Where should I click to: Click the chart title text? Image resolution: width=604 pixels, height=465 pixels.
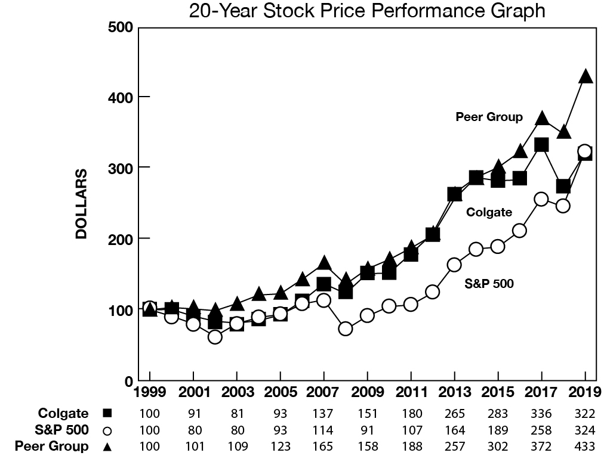coord(366,11)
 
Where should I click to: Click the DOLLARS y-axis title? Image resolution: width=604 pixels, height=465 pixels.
coord(81,204)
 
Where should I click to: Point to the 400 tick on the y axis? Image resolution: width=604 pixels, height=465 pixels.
coord(121,97)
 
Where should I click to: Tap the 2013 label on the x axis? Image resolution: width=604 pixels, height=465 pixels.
coord(455,394)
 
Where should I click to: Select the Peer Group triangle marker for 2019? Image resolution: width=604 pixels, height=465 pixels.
coord(585,76)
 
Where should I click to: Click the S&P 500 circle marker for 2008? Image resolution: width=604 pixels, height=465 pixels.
coord(346,328)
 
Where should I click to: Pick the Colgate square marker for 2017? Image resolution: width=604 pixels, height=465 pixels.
coord(541,145)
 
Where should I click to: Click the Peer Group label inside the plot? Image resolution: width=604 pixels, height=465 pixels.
coord(489,117)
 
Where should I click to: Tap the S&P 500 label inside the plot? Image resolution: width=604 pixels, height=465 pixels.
coord(489,284)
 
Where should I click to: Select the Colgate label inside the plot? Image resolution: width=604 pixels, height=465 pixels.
coord(489,212)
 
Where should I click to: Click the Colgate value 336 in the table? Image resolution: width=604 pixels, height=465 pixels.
coord(541,414)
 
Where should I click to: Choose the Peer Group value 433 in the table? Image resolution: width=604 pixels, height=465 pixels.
coord(585,446)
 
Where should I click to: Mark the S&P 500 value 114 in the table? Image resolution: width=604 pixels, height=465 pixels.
coord(323,430)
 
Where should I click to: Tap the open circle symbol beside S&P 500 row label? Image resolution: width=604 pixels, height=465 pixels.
coord(107,430)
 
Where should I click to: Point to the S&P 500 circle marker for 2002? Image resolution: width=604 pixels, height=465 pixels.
coord(215,337)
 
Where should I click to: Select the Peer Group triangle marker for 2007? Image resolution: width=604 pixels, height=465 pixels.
coord(323,263)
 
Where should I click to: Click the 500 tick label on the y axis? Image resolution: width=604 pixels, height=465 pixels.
coord(121,27)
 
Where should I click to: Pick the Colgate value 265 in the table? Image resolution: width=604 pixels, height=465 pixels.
coord(455,414)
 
